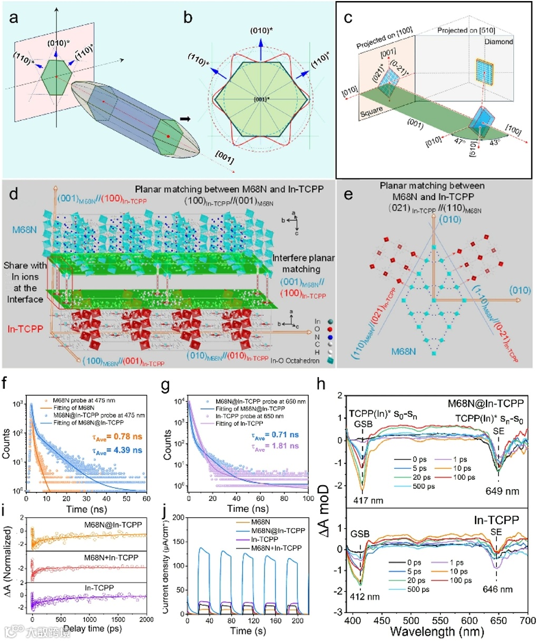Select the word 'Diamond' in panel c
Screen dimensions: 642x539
click(x=498, y=42)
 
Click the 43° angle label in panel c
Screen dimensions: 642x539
click(x=494, y=142)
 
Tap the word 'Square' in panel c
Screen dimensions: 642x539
click(x=370, y=111)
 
